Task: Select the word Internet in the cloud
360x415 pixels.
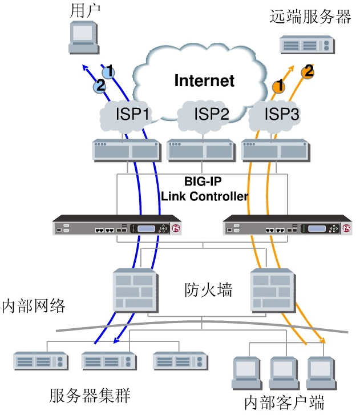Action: pyautogui.click(x=204, y=80)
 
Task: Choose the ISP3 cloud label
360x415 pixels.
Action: pyautogui.click(x=281, y=115)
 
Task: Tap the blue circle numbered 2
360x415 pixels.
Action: pyautogui.click(x=100, y=86)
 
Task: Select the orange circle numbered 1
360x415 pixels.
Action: pyautogui.click(x=278, y=87)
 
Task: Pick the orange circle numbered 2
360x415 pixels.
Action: pyautogui.click(x=308, y=72)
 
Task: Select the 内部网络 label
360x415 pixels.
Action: pyautogui.click(x=33, y=305)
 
